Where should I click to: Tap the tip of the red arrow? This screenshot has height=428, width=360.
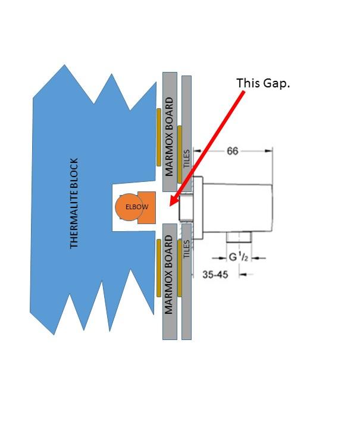click(171, 204)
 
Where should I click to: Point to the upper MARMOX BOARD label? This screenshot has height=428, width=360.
click(169, 136)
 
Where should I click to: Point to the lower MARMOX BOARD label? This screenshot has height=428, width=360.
click(169, 275)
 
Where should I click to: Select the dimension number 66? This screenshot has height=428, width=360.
click(233, 152)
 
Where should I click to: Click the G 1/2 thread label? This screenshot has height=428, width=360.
click(239, 257)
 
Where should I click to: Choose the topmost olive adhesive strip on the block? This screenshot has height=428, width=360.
click(158, 137)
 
